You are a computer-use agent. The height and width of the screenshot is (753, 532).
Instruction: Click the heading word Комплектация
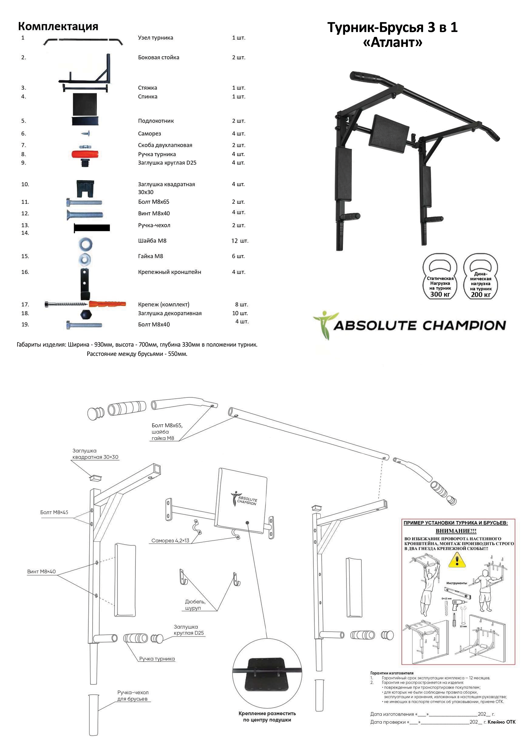pos(58,26)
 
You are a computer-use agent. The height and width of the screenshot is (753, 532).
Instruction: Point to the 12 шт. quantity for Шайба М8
pos(240,241)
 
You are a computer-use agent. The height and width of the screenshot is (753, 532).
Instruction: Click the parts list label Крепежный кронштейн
pos(169,272)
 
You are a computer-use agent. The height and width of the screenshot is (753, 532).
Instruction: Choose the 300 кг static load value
pos(440,294)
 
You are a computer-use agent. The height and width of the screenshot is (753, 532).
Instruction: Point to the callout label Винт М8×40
pos(41,572)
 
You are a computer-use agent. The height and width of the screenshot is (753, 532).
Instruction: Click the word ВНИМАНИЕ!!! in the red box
pos(456,531)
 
